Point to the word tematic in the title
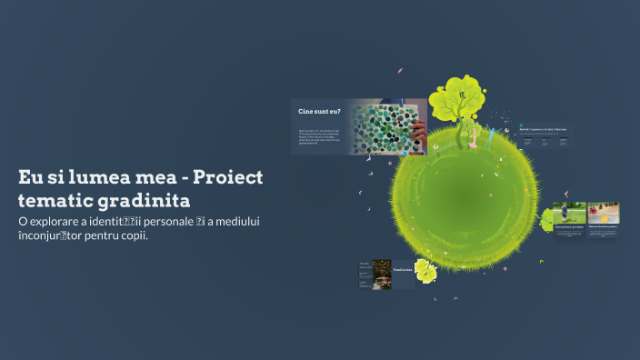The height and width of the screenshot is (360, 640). pyautogui.click(x=53, y=199)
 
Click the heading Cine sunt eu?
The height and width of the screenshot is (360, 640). pyautogui.click(x=320, y=111)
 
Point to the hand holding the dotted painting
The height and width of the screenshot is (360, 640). pyautogui.click(x=418, y=133)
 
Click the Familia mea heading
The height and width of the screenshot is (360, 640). pyautogui.click(x=402, y=270)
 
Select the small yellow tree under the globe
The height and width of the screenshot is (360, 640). pyautogui.click(x=425, y=270)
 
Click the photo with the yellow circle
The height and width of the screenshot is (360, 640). pyautogui.click(x=604, y=213)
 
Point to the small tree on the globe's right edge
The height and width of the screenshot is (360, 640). pyautogui.click(x=548, y=219)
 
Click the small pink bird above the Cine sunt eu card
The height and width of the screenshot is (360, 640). pyautogui.click(x=399, y=70)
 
